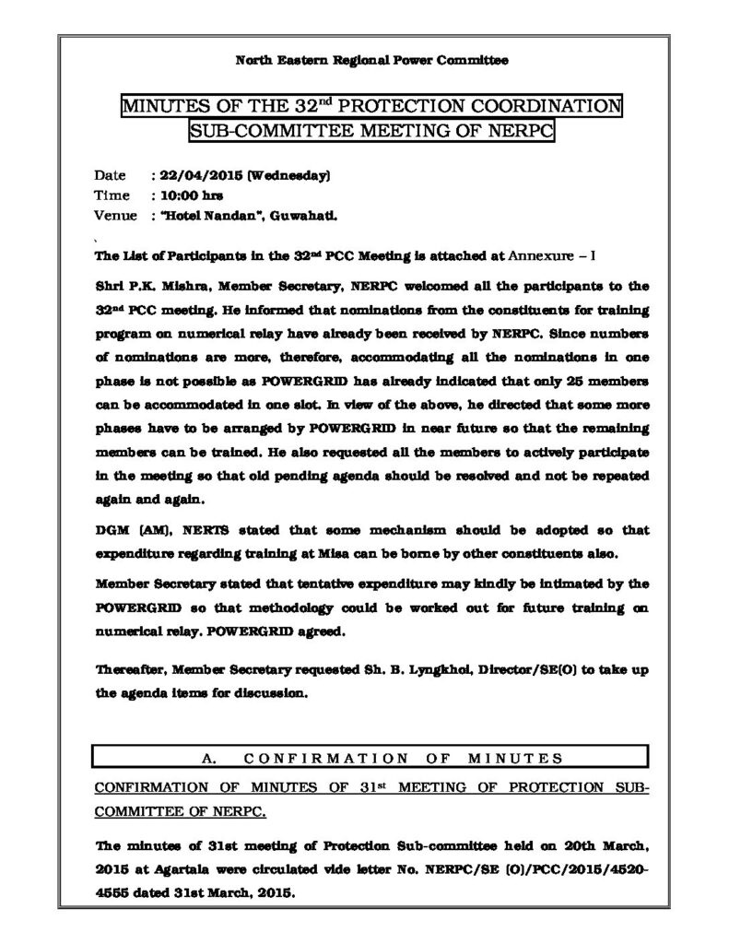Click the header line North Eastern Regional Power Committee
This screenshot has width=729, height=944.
pyautogui.click(x=371, y=61)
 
